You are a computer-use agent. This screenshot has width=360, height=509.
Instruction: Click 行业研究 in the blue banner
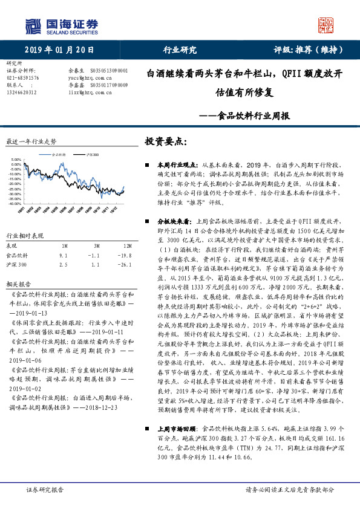point(180,50)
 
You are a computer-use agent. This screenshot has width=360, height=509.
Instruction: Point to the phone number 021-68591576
point(22,78)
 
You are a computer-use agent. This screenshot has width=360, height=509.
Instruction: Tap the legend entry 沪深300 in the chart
point(91,155)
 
